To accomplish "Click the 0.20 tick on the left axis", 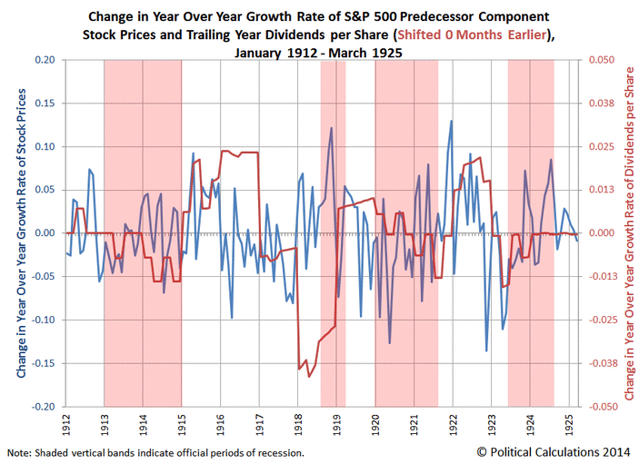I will pyautogui.click(x=42, y=60).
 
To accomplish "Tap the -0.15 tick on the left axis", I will pyautogui.click(x=40, y=363).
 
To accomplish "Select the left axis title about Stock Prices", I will pyautogui.click(x=21, y=233).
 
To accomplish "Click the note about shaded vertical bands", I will pyautogui.click(x=155, y=452).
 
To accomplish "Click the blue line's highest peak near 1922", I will pyautogui.click(x=451, y=121).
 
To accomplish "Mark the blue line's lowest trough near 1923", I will pyautogui.click(x=487, y=350).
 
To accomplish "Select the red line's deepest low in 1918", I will pyautogui.click(x=310, y=376).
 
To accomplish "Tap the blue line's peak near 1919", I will pyautogui.click(x=331, y=128).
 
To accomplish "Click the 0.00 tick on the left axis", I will pyautogui.click(x=42, y=233).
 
